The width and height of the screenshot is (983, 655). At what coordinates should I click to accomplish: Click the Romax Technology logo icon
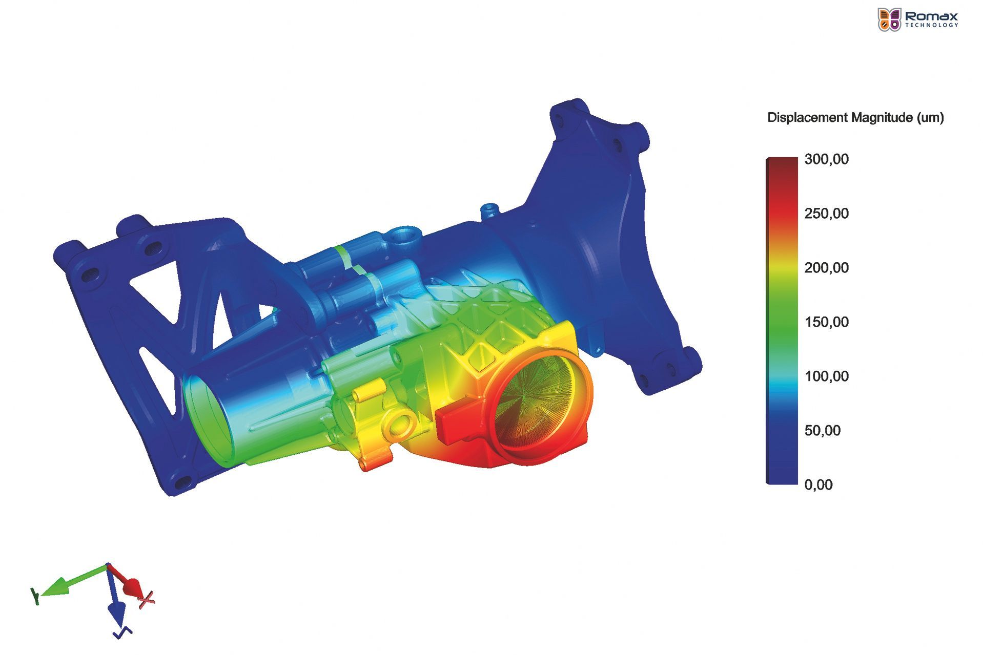coord(889,19)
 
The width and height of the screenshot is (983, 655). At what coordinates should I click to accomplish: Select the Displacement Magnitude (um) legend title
coord(855,118)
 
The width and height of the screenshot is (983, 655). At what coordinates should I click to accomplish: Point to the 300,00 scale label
coord(826,159)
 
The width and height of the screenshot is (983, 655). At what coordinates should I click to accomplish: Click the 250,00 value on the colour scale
coord(826,214)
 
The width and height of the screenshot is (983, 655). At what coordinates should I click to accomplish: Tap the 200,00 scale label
coord(826,268)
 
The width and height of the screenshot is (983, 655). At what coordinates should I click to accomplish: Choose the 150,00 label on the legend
coord(826,322)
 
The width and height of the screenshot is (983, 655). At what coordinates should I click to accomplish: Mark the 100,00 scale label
coord(826,376)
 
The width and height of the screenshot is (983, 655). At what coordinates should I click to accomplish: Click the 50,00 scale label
coord(822,431)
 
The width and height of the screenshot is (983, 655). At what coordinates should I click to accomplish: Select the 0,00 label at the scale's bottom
coord(818,485)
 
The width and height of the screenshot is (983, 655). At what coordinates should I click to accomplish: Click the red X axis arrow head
coord(132,587)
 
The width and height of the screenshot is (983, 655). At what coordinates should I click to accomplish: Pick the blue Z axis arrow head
coord(117,611)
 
